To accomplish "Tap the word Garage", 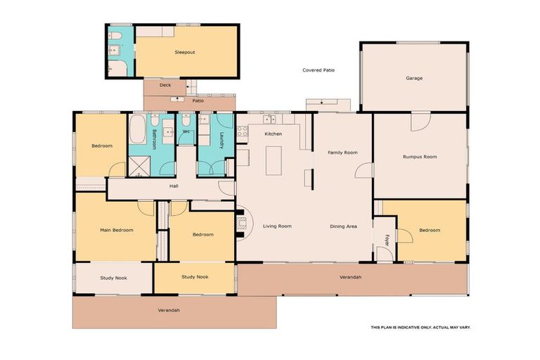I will (x=414, y=78).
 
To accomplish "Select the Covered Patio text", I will (x=319, y=70).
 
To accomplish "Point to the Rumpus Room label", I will (x=420, y=157).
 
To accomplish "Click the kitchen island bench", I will (x=274, y=160).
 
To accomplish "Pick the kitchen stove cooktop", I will (x=242, y=130).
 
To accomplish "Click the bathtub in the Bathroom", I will (x=138, y=129).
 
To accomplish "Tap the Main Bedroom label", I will (x=117, y=230).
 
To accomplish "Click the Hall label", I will (x=174, y=186).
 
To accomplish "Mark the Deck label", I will (x=165, y=85).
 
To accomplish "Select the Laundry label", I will (x=221, y=140).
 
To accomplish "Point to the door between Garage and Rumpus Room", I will (x=420, y=121).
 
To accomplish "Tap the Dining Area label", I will (x=344, y=226).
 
